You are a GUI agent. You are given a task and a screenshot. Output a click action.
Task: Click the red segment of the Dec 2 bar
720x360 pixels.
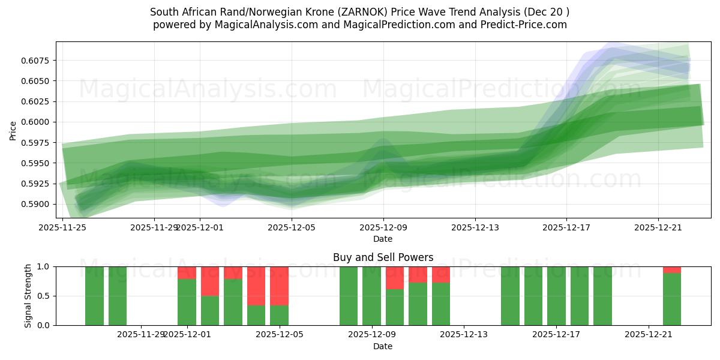[210, 281]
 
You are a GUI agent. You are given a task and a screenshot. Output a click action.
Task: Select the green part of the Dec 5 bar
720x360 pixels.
[279, 315]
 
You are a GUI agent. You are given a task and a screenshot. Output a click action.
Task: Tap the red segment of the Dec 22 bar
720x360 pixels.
[671, 269]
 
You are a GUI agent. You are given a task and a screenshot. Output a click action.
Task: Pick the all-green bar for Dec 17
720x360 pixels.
[556, 296]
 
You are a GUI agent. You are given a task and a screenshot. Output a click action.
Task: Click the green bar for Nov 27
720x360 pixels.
[118, 296]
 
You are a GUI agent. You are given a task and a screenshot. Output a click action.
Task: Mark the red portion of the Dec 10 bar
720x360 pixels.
[395, 278]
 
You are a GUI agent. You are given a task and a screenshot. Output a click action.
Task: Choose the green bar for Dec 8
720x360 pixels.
[349, 296]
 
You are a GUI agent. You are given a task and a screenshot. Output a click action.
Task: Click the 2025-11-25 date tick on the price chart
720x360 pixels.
[62, 227]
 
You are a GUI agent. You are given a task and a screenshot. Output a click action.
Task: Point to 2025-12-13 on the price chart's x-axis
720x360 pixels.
[475, 227]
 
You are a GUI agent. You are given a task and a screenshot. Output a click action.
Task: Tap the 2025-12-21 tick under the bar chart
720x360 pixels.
[649, 334]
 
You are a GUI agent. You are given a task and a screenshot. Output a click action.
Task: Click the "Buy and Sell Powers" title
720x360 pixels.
[383, 257]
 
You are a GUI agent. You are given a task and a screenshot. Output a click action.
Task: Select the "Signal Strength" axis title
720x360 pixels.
[28, 296]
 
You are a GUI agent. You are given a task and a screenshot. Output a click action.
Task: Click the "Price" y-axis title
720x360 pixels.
[13, 130]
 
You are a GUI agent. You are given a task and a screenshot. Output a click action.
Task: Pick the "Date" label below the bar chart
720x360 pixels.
[383, 346]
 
